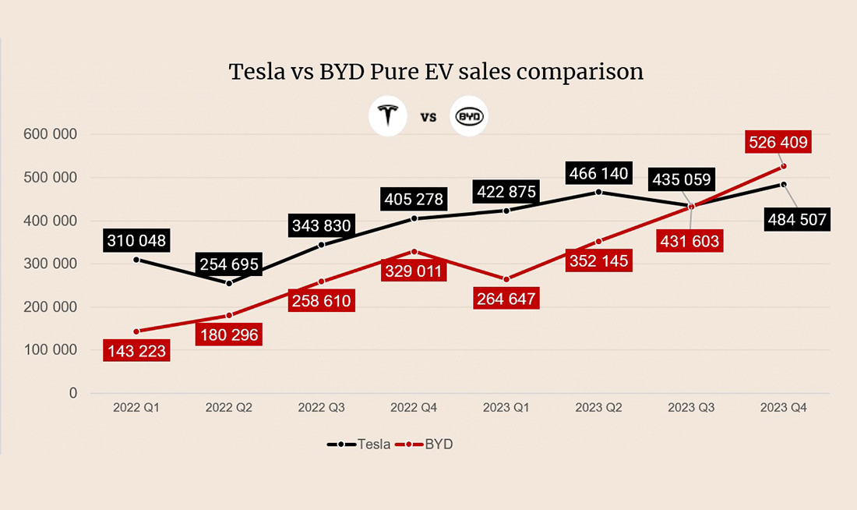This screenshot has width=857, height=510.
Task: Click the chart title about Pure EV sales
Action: click(x=436, y=72)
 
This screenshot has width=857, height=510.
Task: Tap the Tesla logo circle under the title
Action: click(x=387, y=118)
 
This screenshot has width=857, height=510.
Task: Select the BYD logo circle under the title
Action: click(x=469, y=118)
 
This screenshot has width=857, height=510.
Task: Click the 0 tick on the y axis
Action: click(x=73, y=393)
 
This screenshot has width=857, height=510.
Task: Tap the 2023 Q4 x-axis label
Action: click(x=783, y=408)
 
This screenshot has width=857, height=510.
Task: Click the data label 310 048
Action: click(x=136, y=241)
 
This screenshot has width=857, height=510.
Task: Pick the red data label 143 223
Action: click(x=136, y=351)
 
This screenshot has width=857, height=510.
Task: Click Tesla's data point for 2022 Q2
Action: click(x=229, y=283)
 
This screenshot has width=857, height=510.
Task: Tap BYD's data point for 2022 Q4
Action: click(x=414, y=251)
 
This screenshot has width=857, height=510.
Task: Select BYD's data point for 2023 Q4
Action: click(x=783, y=166)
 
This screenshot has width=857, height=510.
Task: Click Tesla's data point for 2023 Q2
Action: click(x=598, y=192)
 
